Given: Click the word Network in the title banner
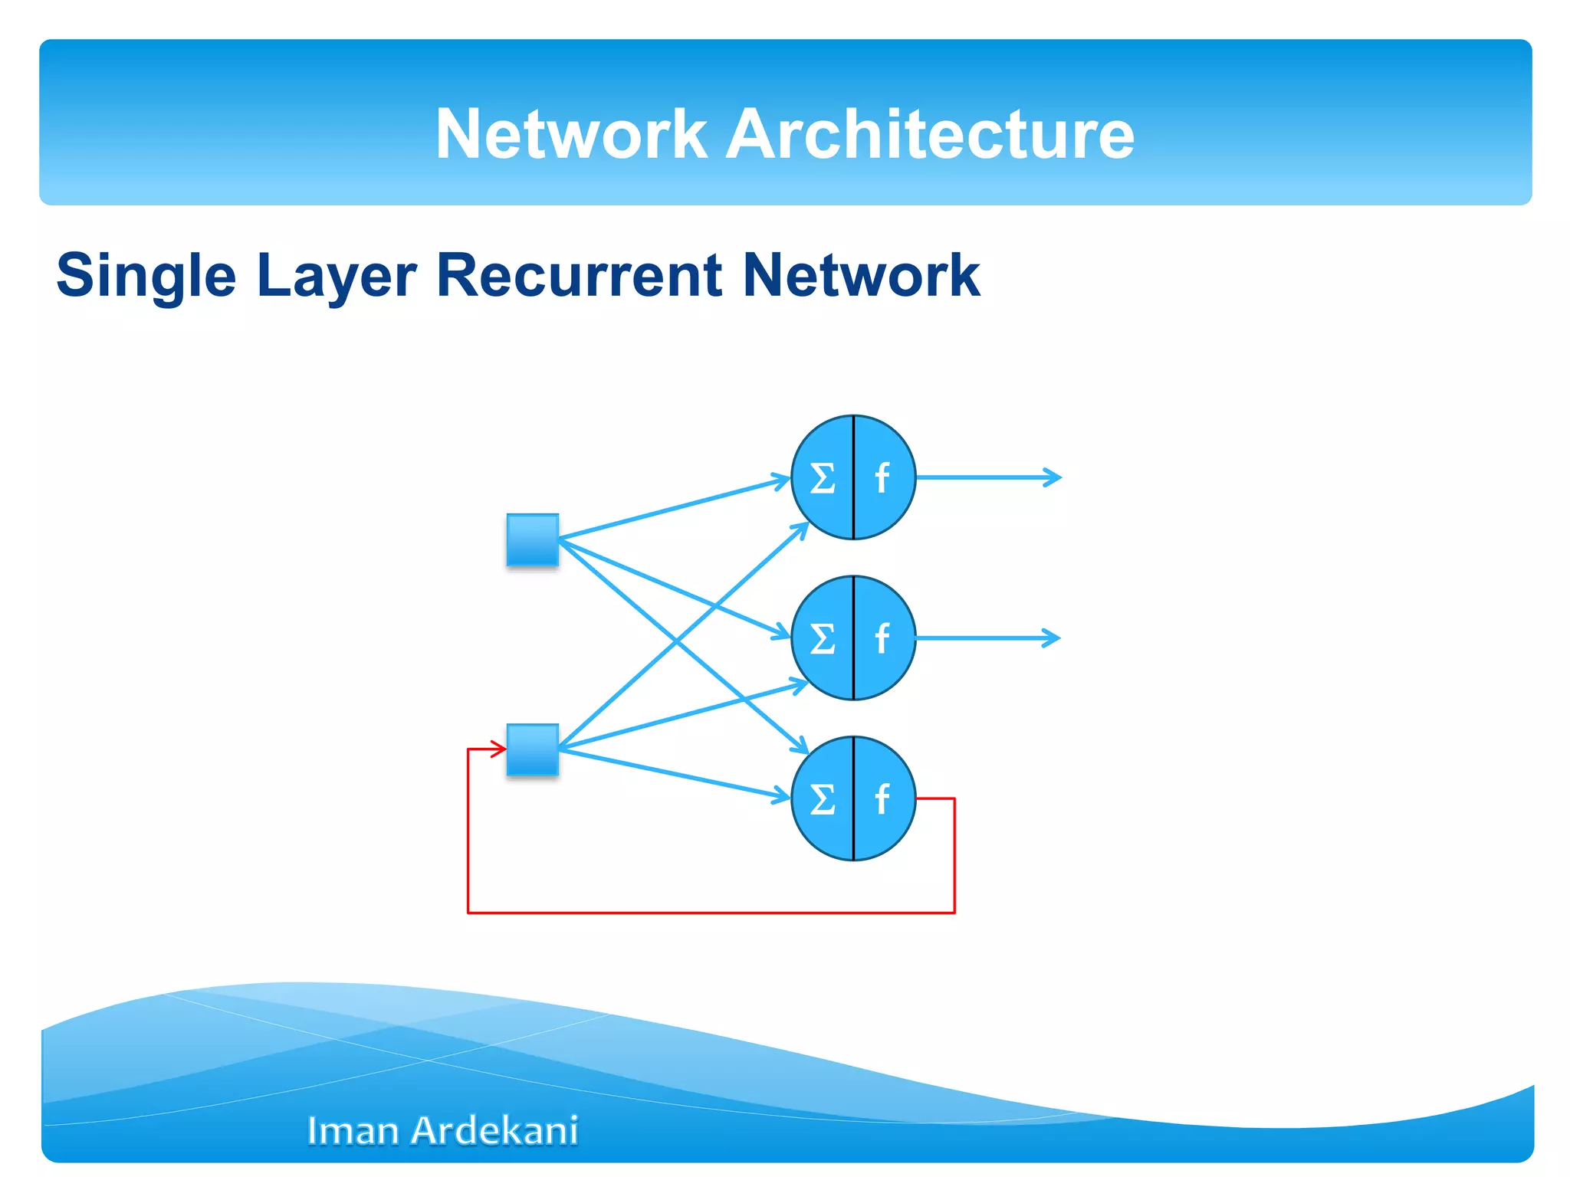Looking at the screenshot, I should point(570,134).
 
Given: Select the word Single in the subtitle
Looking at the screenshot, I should point(146,276).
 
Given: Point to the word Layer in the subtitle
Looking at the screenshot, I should point(336,276).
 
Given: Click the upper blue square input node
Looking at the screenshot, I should point(533,540).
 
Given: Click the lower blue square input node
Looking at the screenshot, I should point(533,749).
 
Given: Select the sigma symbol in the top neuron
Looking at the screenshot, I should point(823,479).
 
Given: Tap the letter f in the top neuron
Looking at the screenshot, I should point(882,479).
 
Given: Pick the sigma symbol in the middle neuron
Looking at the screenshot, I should point(823,638).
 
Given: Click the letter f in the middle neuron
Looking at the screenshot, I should point(882,638).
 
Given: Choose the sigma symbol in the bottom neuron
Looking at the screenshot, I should point(823,799).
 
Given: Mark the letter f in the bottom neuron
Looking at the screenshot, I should point(882,799).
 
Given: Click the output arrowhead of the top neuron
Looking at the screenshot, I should point(1054,477).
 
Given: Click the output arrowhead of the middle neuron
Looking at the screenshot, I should point(1053,638).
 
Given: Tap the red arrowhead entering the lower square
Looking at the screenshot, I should point(499,749).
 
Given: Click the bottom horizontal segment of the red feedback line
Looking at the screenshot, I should point(711,913).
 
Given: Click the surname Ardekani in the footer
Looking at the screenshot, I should point(494,1131).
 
